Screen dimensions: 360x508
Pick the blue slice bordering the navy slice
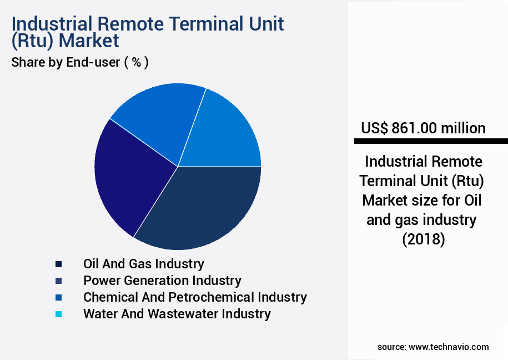tap(225, 133)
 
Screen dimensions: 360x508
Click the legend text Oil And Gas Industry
tap(143, 264)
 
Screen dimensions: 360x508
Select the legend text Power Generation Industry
tap(162, 281)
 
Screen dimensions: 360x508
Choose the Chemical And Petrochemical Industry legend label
tap(195, 297)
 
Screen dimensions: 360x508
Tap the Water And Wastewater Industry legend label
tap(177, 314)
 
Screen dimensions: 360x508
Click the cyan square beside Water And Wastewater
tap(58, 314)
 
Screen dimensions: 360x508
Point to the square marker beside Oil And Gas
tap(58, 264)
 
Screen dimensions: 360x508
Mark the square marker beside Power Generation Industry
tap(58, 281)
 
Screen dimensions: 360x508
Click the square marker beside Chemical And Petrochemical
tap(58, 298)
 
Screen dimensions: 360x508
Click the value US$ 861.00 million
tap(423, 128)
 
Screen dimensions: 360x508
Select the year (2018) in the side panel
tap(423, 239)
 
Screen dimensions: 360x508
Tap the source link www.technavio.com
tap(449, 347)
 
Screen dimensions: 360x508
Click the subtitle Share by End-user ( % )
tap(80, 62)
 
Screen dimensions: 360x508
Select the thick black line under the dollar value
tap(430, 141)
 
